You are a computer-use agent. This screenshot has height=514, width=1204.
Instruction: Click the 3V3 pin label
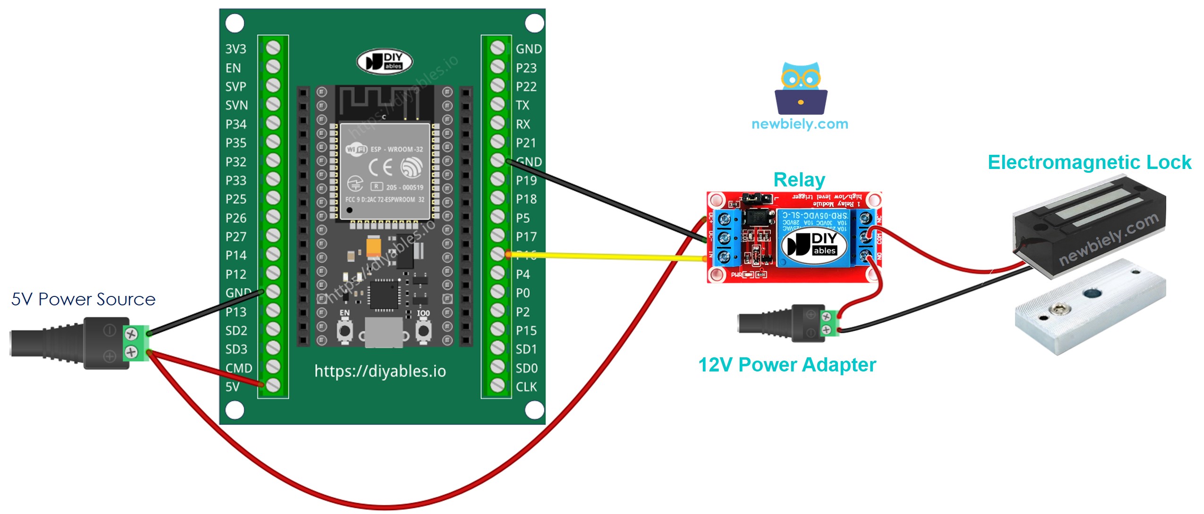coord(235,49)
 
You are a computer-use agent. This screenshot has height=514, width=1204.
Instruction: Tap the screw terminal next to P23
coord(497,67)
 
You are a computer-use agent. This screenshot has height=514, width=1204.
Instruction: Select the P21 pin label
coord(526,143)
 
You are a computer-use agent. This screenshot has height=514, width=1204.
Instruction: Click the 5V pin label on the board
coord(232,387)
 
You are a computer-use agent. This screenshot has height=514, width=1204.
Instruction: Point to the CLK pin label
coord(526,387)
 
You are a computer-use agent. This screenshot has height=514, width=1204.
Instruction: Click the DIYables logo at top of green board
coord(384,62)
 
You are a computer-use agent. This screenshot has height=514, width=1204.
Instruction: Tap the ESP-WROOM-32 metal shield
coord(384,171)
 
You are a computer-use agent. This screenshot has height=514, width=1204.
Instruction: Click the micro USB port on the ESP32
coord(384,333)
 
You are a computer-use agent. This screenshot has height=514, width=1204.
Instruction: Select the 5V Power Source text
coord(83,299)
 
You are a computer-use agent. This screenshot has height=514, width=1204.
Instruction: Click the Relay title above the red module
coord(799,180)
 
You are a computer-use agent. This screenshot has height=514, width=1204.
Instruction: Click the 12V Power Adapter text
coord(787,364)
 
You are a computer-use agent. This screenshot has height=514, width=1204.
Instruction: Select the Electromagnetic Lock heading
coord(1089,162)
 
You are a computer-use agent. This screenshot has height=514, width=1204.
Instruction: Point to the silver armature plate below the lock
coord(1090,312)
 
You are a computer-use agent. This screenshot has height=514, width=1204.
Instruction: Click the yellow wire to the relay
coord(605,256)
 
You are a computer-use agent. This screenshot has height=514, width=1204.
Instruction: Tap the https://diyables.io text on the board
coord(380,371)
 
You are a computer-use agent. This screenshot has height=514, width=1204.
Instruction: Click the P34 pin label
coord(236,124)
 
